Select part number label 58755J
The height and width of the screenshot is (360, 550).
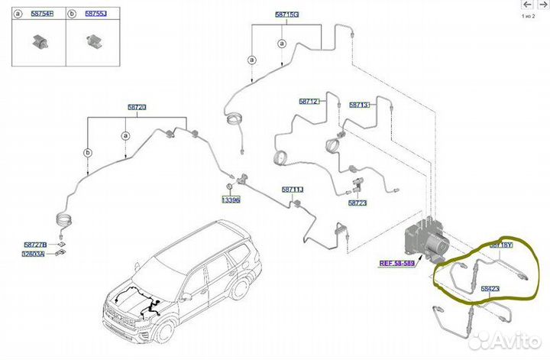point(94,14)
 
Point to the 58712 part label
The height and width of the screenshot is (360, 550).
point(309,101)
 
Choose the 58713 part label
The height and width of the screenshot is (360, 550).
point(360,104)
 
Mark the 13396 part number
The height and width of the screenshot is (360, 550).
point(231,199)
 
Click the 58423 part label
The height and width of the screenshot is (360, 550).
point(490,288)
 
